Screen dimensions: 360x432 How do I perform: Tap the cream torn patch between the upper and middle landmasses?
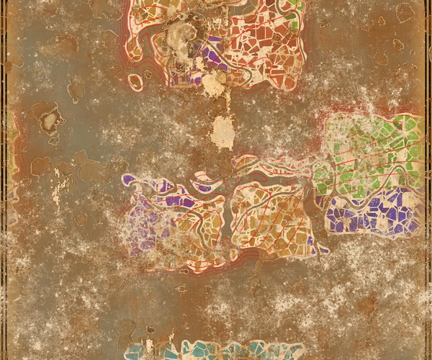[224, 132]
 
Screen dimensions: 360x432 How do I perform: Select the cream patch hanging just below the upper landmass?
[213, 86]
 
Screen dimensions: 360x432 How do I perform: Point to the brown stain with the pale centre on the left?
[49, 119]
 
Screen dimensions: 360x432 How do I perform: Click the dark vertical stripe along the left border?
[4, 180]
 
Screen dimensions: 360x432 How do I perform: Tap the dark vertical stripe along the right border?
[427, 180]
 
